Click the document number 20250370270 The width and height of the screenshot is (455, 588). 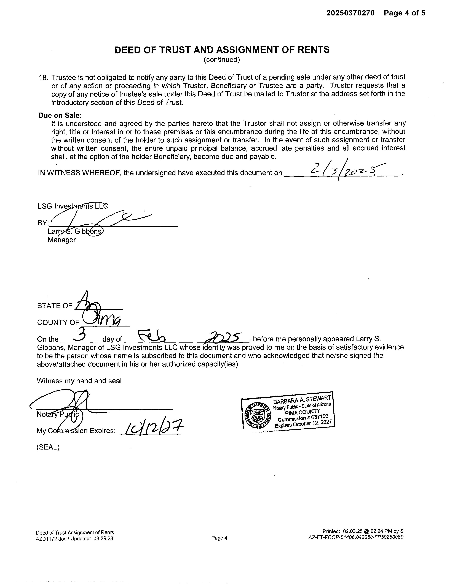350,13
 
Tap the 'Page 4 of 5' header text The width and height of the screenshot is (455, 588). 404,13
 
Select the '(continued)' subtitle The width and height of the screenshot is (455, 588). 222,59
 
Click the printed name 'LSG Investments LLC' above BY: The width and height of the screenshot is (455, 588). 73,206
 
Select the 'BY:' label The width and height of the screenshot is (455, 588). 43,223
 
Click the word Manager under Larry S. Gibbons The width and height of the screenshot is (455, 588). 62,240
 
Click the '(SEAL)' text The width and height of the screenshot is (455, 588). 48,447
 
